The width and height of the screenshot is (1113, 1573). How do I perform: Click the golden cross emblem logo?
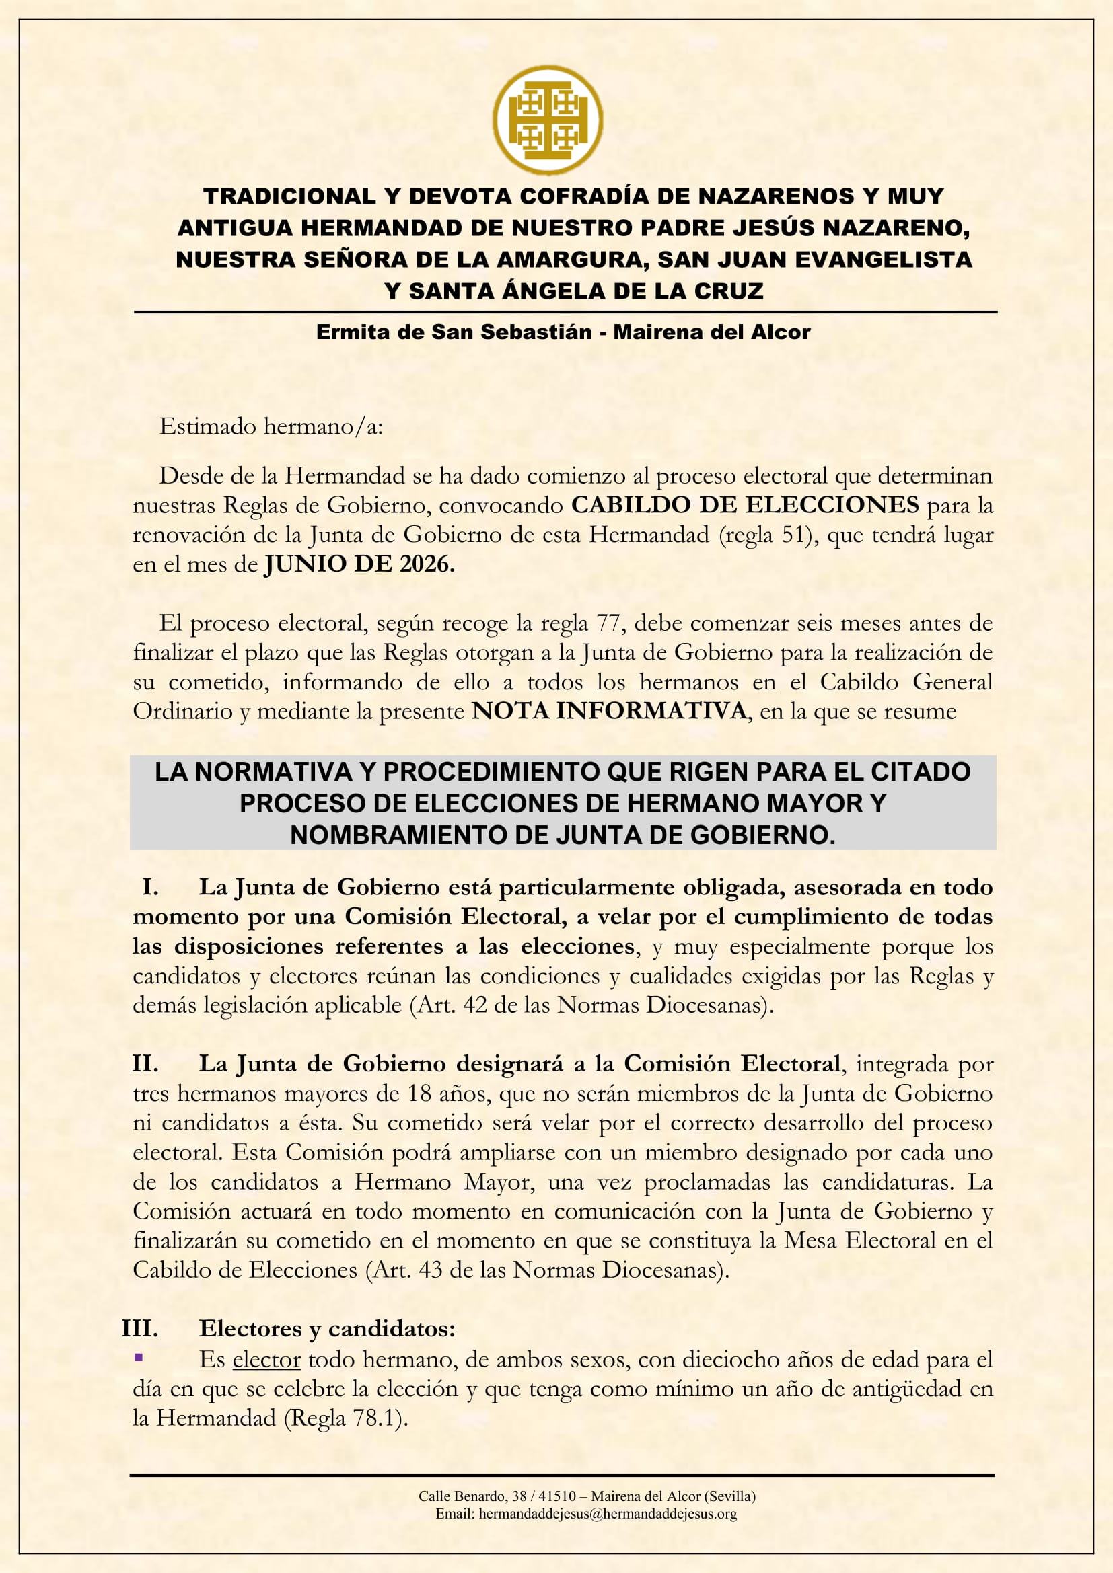(548, 120)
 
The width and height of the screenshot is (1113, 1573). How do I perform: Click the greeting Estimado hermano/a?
(271, 426)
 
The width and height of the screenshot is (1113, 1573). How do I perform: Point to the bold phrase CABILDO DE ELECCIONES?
(745, 505)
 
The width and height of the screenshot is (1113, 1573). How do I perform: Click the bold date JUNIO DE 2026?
(360, 564)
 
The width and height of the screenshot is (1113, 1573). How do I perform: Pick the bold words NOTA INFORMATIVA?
(609, 711)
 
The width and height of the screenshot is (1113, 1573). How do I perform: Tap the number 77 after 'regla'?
(608, 623)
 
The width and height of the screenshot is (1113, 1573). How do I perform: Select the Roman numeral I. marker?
(150, 887)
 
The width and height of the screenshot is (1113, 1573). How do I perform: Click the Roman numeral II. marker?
(145, 1064)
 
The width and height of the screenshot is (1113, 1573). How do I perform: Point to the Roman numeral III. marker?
(141, 1328)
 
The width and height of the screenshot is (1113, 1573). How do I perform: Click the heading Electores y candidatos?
(327, 1328)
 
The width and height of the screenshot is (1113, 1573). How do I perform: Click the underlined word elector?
(266, 1359)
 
